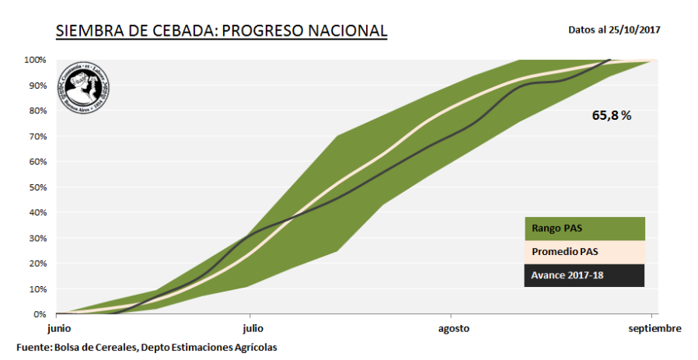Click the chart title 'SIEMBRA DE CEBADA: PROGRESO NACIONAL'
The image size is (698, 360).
[x=221, y=31]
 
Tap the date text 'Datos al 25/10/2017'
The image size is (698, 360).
[x=614, y=30]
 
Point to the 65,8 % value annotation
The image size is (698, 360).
[x=612, y=115]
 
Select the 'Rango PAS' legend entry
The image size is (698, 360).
[x=584, y=229]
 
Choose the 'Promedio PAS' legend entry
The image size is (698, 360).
[x=584, y=252]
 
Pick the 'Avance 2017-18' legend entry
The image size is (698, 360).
[x=584, y=275]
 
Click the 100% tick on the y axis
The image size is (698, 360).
[x=35, y=60]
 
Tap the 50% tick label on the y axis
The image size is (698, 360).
[x=37, y=187]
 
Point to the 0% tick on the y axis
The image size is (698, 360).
[x=39, y=314]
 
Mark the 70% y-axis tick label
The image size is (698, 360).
[x=37, y=136]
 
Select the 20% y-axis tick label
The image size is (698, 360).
[x=37, y=264]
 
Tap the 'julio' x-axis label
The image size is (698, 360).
[x=250, y=329]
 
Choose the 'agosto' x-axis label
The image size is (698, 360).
[x=453, y=329]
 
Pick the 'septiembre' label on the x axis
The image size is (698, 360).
[x=654, y=329]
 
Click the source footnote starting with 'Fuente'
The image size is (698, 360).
[x=146, y=347]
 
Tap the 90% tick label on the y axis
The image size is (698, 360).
[x=37, y=86]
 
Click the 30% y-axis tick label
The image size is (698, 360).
[x=37, y=238]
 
